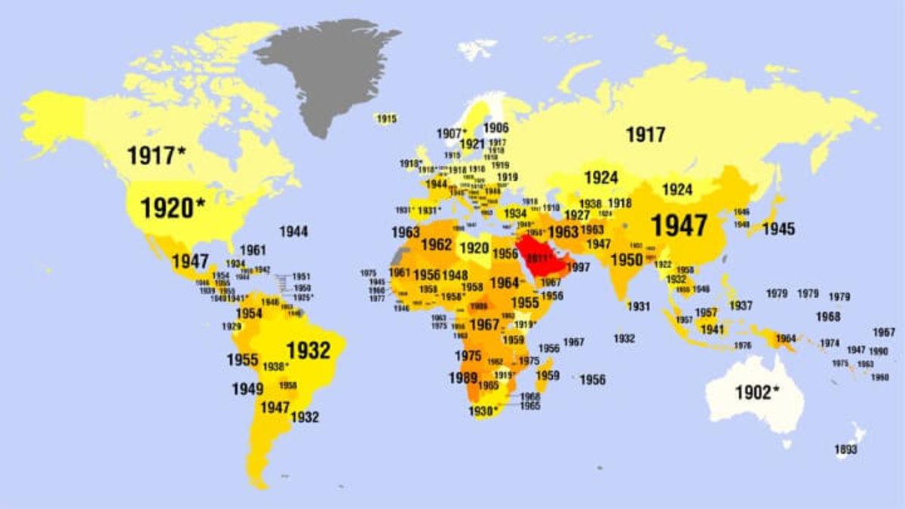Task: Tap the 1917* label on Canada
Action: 156,155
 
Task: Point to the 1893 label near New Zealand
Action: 845,450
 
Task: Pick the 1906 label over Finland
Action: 495,128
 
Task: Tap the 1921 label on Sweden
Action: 471,144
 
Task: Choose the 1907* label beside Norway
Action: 452,133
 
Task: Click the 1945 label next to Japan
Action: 778,228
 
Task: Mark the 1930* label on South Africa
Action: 483,411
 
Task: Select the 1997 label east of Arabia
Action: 578,268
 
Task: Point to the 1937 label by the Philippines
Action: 741,305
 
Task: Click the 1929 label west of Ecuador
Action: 232,327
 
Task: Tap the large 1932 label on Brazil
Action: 308,350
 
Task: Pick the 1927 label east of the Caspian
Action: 577,215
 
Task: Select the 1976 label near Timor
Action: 743,345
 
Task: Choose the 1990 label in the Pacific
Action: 878,351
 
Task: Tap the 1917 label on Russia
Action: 646,135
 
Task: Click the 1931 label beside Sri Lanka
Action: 638,306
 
